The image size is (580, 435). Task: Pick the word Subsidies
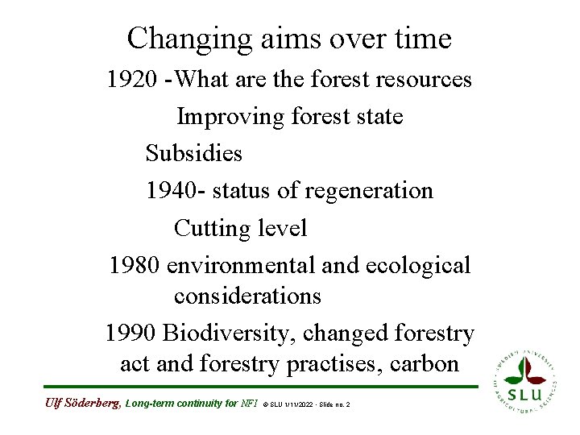pyautogui.click(x=193, y=152)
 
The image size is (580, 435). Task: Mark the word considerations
pyautogui.click(x=247, y=296)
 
